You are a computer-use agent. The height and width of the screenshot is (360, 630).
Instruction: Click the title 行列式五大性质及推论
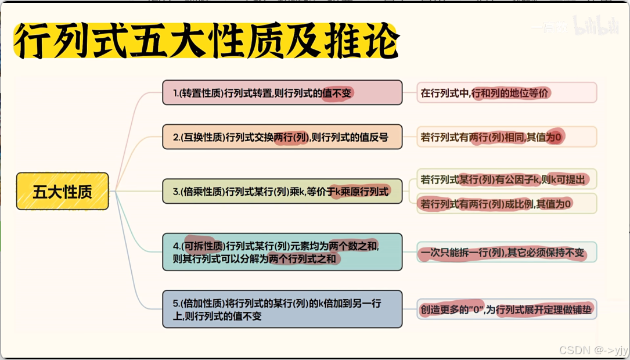point(206,42)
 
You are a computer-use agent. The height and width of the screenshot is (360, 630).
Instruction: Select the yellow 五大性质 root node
point(62,191)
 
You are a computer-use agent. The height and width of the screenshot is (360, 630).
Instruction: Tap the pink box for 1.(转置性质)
point(282,92)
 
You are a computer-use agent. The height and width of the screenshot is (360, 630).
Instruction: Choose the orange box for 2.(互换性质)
point(282,137)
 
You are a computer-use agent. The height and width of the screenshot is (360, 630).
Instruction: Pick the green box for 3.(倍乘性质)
point(282,191)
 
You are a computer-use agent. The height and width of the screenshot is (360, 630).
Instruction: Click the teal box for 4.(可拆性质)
point(282,252)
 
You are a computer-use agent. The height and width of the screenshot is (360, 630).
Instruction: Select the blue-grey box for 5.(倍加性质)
point(282,309)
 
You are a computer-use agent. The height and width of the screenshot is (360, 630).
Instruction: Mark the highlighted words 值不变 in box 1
point(338,93)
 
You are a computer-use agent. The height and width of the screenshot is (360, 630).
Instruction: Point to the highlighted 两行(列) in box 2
point(290,138)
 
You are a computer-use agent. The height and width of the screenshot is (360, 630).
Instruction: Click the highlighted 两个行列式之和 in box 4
point(303,259)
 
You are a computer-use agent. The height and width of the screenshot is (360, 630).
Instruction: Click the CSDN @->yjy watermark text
point(593,350)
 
